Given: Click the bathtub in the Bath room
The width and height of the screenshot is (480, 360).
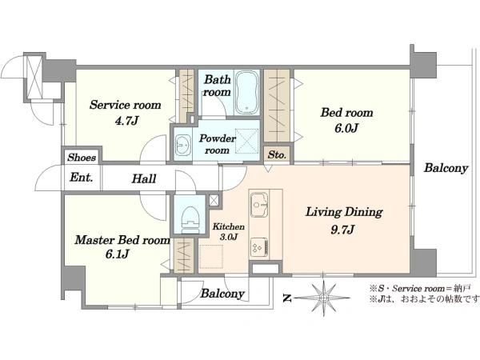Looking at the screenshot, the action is coord(247,93).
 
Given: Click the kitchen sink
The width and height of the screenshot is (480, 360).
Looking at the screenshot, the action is coord(259,205).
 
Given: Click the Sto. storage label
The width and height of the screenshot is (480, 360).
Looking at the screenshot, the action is coord(277,154).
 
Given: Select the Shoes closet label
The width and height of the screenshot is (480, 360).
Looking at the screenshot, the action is coord(82,158).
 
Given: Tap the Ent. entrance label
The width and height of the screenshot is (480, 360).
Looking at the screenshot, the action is coord(81,178).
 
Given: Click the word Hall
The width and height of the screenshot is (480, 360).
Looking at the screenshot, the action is coord(144,178).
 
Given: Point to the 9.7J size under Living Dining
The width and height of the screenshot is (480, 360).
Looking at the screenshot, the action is coord(342,229).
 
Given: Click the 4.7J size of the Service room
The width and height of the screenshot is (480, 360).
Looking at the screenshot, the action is coord(126,121).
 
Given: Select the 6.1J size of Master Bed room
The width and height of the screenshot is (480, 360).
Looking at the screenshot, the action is coord(118,254).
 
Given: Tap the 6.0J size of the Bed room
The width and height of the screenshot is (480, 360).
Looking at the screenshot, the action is coord(346,128).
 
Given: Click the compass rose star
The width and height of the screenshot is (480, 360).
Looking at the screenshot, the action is coord(323,298).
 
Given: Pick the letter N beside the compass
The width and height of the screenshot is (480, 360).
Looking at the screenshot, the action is coord(286,298).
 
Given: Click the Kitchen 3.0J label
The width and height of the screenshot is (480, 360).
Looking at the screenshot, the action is coord(229,231).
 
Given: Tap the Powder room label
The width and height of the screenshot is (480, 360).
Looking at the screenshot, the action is coord(218,144).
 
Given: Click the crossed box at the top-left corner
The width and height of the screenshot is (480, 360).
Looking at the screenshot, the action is coord(34,77).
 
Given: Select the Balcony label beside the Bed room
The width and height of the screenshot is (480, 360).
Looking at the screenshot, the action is coord(446,168).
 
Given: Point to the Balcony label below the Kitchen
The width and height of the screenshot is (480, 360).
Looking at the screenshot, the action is coord(222,294).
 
